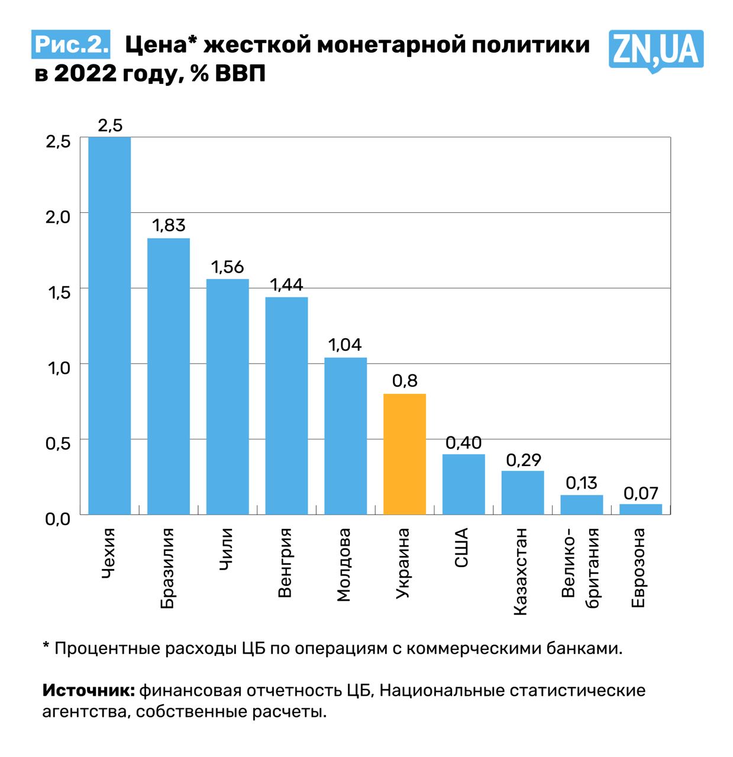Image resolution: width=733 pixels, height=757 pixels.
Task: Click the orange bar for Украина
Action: pos(405,454)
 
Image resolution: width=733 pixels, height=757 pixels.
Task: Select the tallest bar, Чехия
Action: pos(109,325)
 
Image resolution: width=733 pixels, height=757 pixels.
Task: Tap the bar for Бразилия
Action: pos(169,376)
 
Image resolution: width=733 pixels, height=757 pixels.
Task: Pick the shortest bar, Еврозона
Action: pos(641,509)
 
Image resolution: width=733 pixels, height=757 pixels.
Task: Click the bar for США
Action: pos(464,484)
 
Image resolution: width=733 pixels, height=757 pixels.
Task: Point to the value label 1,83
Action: pos(169,225)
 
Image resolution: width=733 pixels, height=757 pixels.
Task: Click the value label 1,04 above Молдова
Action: pos(345,345)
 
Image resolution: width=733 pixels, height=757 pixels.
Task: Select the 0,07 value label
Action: pos(641,493)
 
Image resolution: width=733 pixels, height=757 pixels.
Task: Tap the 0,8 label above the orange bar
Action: pos(405,381)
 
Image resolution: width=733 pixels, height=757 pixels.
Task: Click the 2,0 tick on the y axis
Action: pos(58,216)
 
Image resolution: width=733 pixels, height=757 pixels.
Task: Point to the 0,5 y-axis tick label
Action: pos(58,443)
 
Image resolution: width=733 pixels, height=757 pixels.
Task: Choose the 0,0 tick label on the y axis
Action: pos(58,519)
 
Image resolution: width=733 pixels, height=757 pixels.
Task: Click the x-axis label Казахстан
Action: pos(521,572)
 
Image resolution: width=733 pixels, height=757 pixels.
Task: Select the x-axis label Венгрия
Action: pos(285,563)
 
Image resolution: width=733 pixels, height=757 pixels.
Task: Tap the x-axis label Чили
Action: pos(226,549)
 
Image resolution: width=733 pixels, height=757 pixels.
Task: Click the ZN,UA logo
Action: pos(655,50)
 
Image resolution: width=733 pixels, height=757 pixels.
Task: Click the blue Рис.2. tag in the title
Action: pos(71,45)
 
